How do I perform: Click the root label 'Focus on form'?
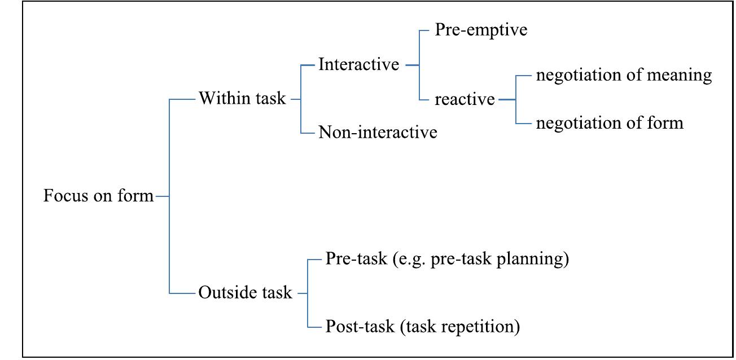99,196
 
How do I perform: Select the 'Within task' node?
242,99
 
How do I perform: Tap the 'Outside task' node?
245,293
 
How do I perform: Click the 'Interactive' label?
358,64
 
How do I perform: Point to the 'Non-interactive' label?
378,133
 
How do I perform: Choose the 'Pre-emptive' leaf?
481,30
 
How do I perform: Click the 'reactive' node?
465,100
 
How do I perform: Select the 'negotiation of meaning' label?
624,75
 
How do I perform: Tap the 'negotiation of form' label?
610,122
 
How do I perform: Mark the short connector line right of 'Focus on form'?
162,196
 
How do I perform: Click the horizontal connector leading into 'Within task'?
182,99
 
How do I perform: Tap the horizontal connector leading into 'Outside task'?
182,293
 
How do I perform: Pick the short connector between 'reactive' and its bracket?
507,99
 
